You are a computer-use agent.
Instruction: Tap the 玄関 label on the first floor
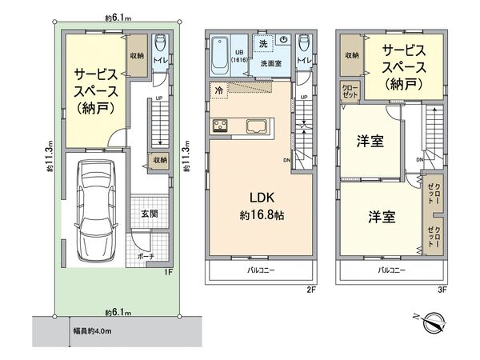[x=150, y=214]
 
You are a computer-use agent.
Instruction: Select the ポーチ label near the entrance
[x=146, y=258]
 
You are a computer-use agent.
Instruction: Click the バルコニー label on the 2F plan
[x=261, y=271]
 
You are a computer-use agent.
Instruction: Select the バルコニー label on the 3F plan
[x=390, y=271]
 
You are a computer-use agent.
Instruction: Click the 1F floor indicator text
[x=168, y=272]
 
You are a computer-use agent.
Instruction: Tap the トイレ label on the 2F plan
[x=303, y=59]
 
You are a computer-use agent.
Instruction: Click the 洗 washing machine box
[x=263, y=42]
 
